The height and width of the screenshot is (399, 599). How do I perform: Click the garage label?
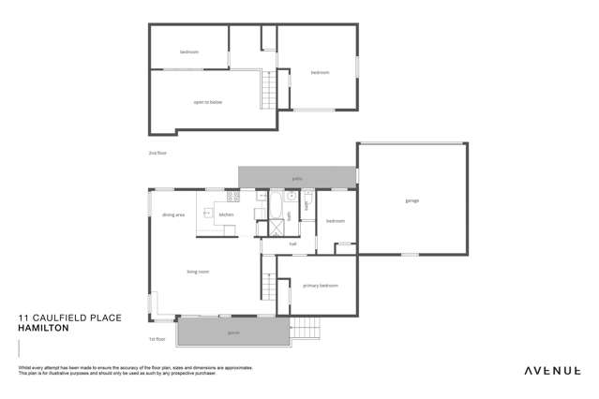(411, 200)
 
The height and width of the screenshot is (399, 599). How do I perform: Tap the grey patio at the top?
(296, 176)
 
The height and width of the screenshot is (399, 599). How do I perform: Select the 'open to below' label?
(207, 101)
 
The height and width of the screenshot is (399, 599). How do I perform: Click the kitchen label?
(226, 215)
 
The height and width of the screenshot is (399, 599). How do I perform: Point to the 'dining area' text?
(173, 215)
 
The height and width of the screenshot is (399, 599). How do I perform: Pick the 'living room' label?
(197, 272)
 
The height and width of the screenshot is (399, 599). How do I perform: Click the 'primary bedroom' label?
(320, 285)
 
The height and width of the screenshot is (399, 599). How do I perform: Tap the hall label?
(292, 245)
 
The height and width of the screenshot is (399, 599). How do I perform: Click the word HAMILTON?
(41, 328)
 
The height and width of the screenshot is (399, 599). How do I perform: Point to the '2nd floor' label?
(156, 152)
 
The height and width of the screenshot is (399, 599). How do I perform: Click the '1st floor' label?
(157, 338)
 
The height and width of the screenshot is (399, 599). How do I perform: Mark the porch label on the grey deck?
(232, 332)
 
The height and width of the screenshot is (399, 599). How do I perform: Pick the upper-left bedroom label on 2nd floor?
(188, 52)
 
